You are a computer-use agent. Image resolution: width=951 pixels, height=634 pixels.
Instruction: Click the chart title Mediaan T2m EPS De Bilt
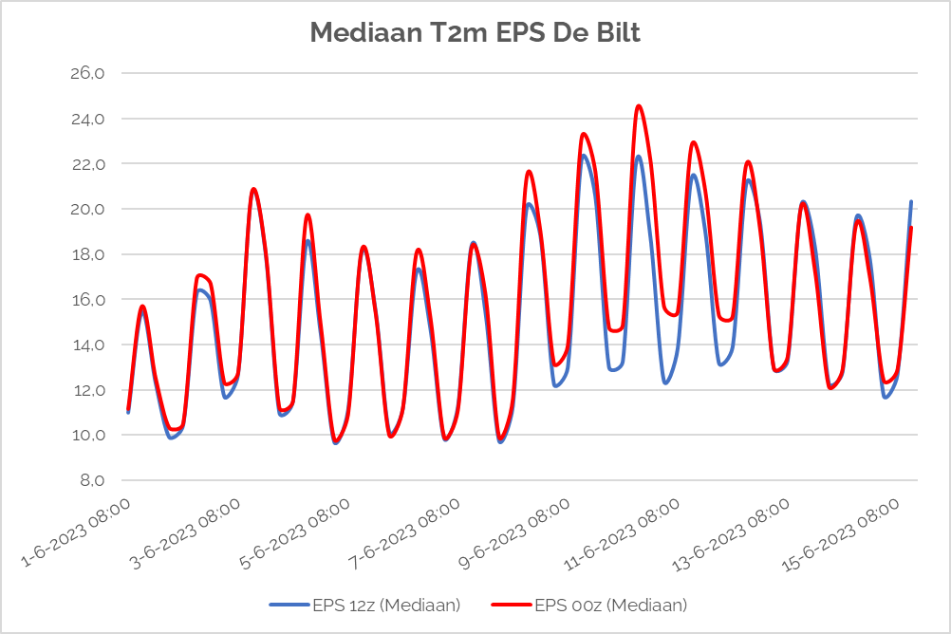coord(475,34)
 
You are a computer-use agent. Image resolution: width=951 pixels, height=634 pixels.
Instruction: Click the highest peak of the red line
coord(639,106)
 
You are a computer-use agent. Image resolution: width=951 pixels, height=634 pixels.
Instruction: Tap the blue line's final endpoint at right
coord(911,202)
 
